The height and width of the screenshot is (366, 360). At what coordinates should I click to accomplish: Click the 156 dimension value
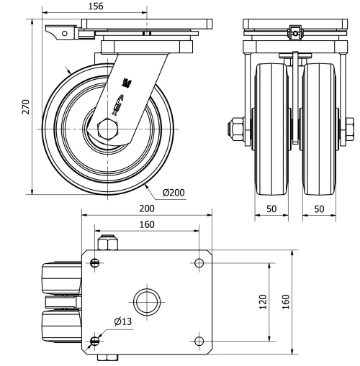[x=94, y=6]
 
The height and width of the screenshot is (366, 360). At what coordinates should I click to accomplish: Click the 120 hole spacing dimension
[x=263, y=302]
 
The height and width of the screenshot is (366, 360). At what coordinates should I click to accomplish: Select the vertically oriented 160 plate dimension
[x=286, y=302]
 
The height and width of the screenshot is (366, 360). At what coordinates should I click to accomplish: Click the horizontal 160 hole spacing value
[x=146, y=224]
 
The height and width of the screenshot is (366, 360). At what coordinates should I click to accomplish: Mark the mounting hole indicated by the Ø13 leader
[x=96, y=340]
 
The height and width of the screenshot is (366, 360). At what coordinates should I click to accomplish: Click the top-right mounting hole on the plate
[x=199, y=262]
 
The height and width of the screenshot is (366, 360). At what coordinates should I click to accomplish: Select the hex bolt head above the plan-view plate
[x=105, y=244]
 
